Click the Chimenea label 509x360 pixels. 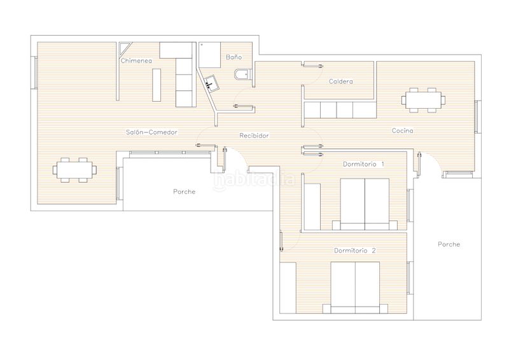pos(136,60)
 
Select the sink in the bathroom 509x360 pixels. pos(211,83)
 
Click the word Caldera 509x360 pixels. pos(340,81)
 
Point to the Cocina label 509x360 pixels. pos(403,130)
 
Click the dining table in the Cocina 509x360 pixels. pos(423,100)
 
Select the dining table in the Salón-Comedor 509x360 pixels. pos(74,170)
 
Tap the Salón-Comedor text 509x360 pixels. pos(151,132)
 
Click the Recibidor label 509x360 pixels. pos(254,135)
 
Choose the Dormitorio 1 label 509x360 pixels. pos(363,164)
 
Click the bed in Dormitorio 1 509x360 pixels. pos(365,204)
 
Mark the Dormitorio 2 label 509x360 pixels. pos(355,251)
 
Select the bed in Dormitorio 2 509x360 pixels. pos(355,287)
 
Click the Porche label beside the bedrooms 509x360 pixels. pos(449,244)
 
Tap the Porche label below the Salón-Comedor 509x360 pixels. pos(185,191)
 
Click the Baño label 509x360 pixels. pos(234,57)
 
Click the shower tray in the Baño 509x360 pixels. pos(210,55)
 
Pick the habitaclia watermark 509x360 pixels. pos(254,179)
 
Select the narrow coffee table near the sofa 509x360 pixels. pos(157,85)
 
